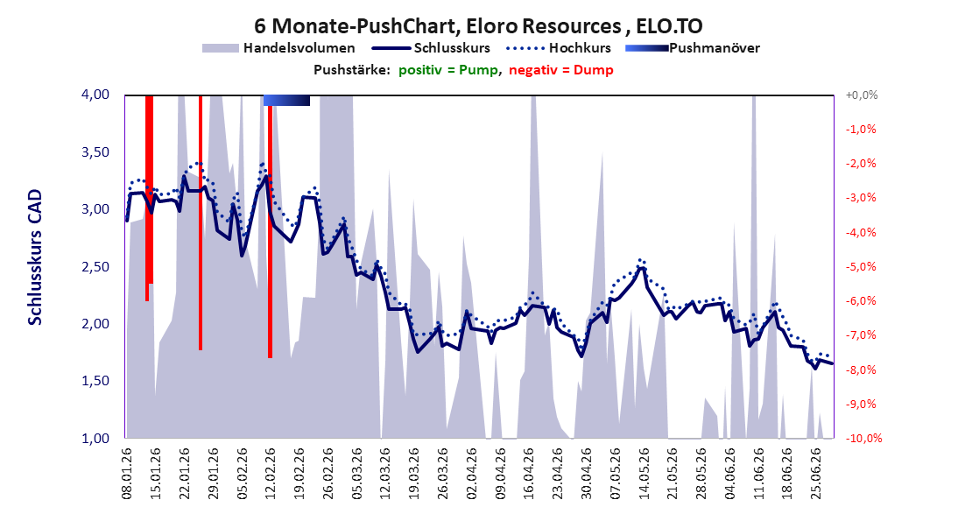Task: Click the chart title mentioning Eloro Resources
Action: tap(478, 25)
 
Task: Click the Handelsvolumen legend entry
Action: tap(278, 47)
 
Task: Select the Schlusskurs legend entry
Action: tap(432, 47)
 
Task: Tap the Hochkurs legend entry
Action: tap(559, 47)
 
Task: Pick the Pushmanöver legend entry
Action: tap(693, 47)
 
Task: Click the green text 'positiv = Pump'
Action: tap(447, 70)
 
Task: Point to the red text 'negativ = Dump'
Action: tap(560, 70)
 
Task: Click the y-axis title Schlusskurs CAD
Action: tap(35, 257)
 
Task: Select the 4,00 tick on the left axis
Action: tap(95, 95)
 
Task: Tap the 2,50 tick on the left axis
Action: tap(95, 266)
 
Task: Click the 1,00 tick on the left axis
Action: tap(95, 438)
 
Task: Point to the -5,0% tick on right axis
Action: tap(861, 266)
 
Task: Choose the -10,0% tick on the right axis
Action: tap(864, 438)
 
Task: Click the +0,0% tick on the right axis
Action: tap(862, 95)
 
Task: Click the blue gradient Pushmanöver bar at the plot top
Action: tap(286, 100)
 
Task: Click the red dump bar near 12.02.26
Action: tap(270, 226)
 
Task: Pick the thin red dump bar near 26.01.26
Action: tap(201, 222)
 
